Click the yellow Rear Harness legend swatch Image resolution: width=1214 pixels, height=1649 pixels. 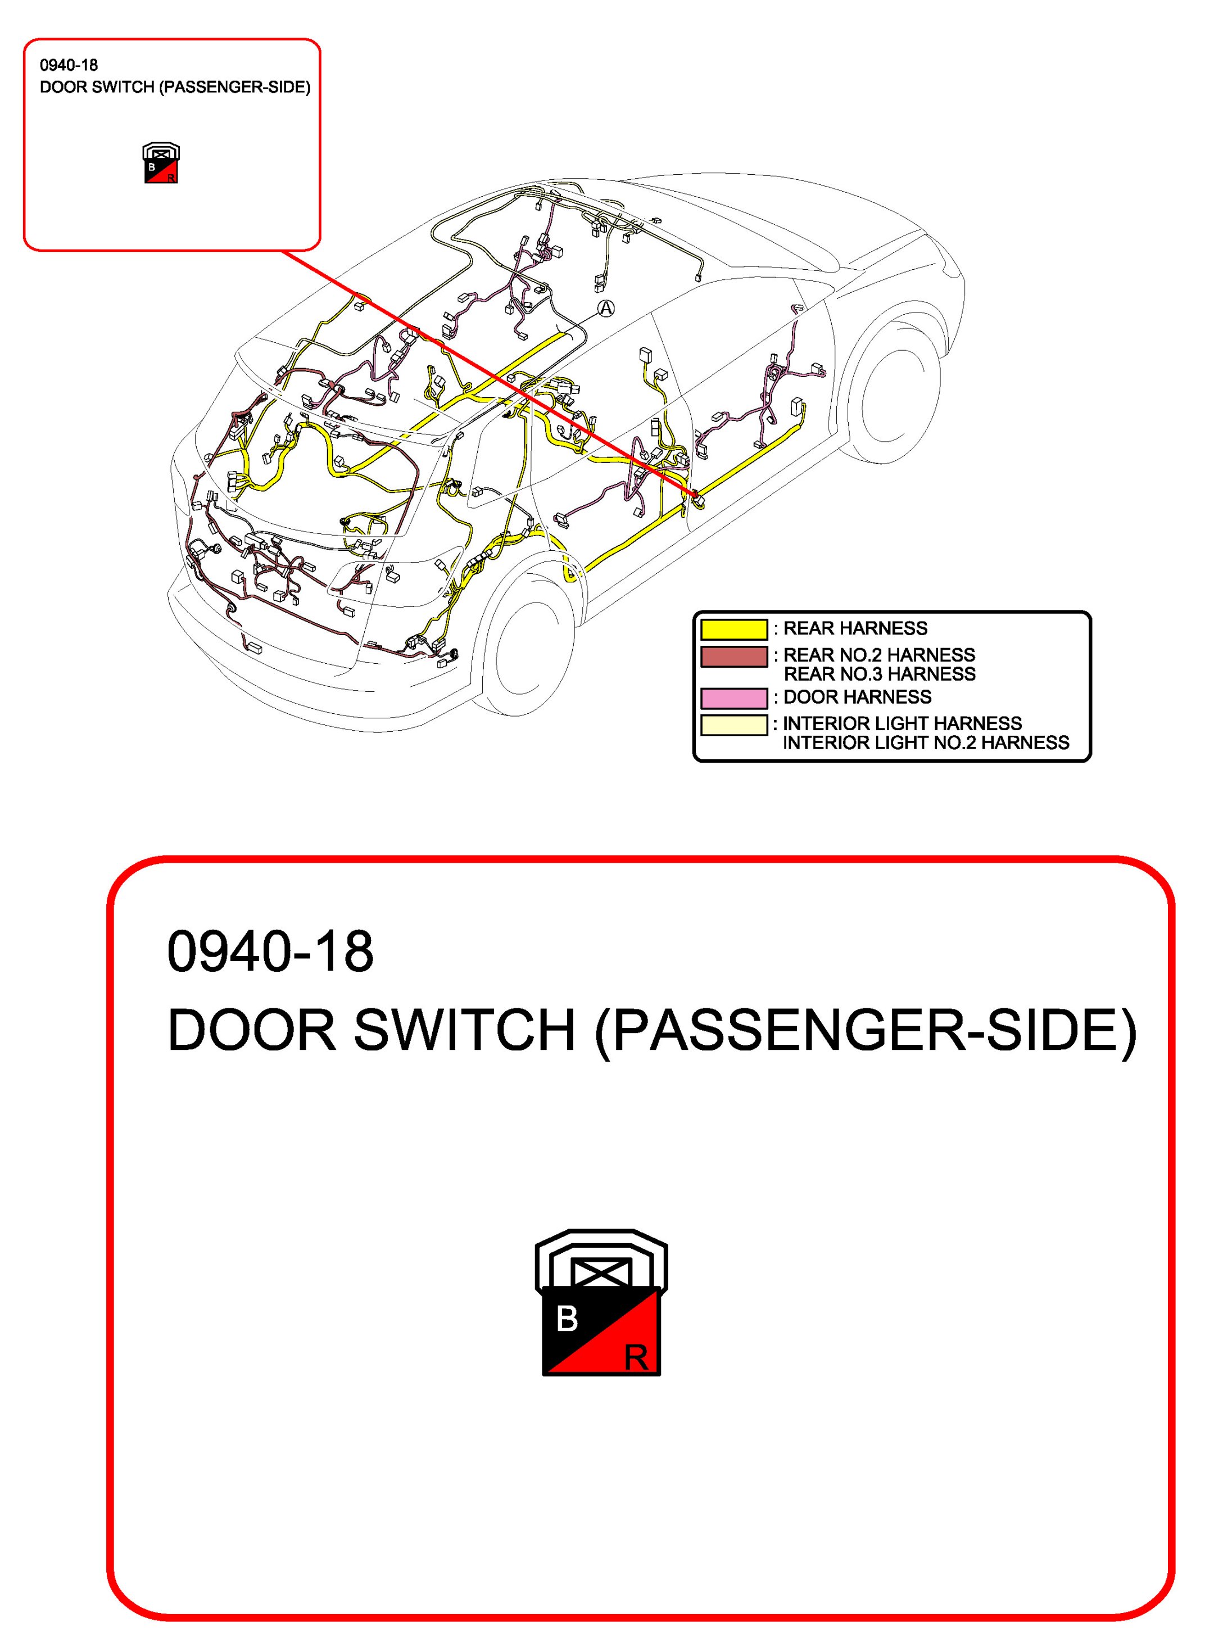coord(733,629)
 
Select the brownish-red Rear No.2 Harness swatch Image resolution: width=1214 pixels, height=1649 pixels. coord(733,656)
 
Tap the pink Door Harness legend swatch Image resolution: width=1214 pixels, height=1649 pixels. coord(733,697)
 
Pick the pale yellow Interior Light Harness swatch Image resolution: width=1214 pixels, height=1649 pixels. coord(733,724)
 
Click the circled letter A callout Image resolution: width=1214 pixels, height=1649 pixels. coord(605,309)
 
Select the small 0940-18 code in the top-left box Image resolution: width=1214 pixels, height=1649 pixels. coord(69,65)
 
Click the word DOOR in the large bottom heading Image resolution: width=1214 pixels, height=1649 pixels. coord(251,1030)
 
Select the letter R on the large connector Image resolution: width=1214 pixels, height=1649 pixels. coord(636,1358)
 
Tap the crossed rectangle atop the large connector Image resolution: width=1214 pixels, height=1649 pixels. coord(601,1271)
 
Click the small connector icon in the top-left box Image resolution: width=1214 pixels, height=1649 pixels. coord(161,163)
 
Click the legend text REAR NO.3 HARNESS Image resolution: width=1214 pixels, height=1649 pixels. coord(879,674)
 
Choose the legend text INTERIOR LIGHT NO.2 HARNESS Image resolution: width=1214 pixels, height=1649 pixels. coord(925,743)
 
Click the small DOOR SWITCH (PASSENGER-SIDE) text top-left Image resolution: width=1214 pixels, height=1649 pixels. coord(175,88)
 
